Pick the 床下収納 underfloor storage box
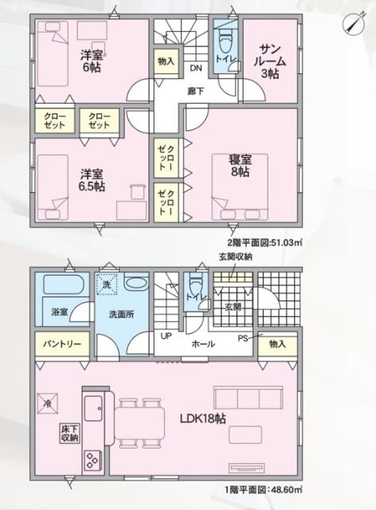pos(69,433)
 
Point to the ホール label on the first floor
pos(202,343)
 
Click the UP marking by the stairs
pos(166,336)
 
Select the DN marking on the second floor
pos(194,69)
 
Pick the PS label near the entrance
pos(243,336)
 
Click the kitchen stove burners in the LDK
pos(92,461)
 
